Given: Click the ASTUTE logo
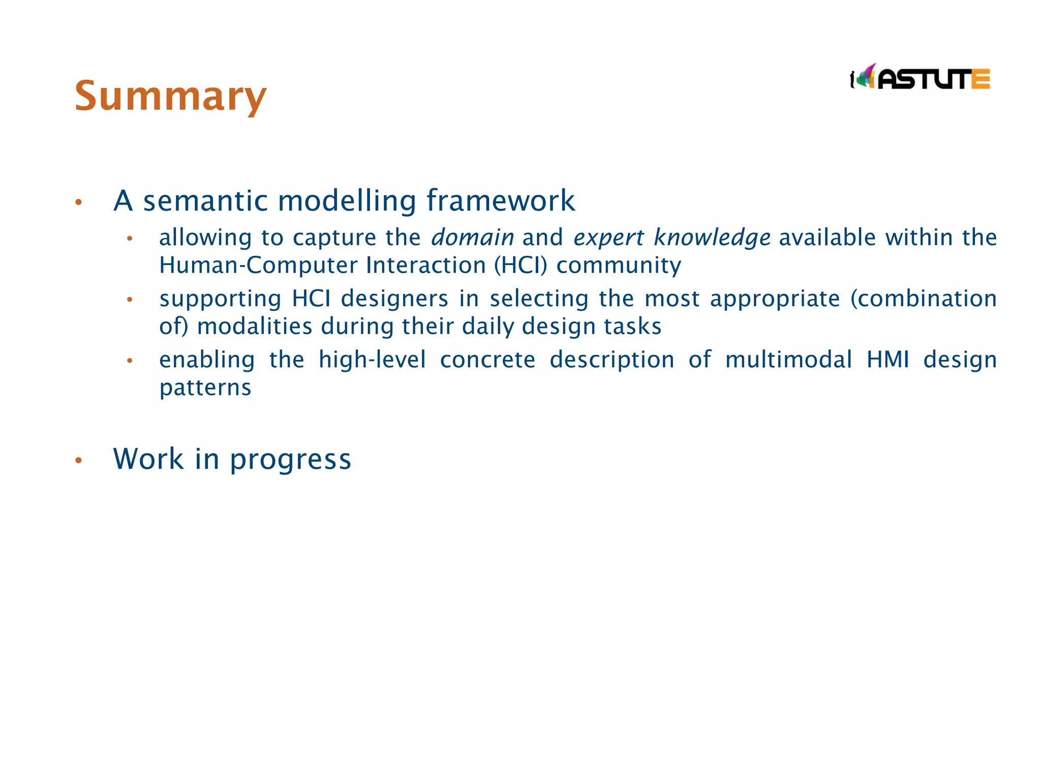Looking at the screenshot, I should tap(920, 78).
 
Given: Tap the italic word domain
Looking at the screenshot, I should tap(472, 237).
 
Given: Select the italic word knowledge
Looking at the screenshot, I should tap(712, 237).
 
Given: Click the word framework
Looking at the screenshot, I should tap(500, 200).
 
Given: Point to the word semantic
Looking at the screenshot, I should tap(205, 200).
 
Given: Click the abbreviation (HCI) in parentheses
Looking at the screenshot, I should tap(520, 265).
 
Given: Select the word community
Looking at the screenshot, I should tap(618, 265).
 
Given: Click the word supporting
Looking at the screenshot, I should tap(220, 298).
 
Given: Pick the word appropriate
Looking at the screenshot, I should tap(775, 298).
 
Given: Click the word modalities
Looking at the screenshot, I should tap(254, 326).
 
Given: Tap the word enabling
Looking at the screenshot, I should tap(206, 359).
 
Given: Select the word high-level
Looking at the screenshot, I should tap(372, 359).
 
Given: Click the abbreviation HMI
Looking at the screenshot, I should tap(887, 359).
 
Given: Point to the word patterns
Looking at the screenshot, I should tap(205, 387).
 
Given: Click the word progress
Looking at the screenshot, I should tap(290, 459).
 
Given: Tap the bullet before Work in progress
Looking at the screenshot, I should tap(78, 461).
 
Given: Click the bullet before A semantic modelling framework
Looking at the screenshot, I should tap(78, 202).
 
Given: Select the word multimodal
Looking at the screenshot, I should tap(788, 359).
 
